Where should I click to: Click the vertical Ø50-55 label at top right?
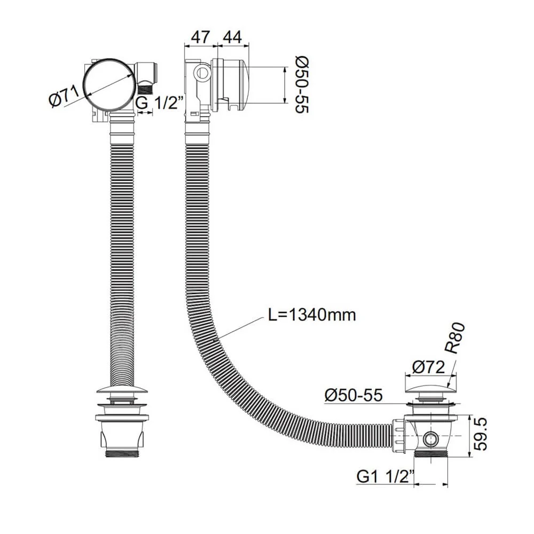(301, 84)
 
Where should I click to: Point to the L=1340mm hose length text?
(311, 315)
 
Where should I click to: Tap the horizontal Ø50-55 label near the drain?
(354, 395)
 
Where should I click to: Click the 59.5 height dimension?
(482, 436)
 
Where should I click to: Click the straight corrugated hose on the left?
(122, 251)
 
